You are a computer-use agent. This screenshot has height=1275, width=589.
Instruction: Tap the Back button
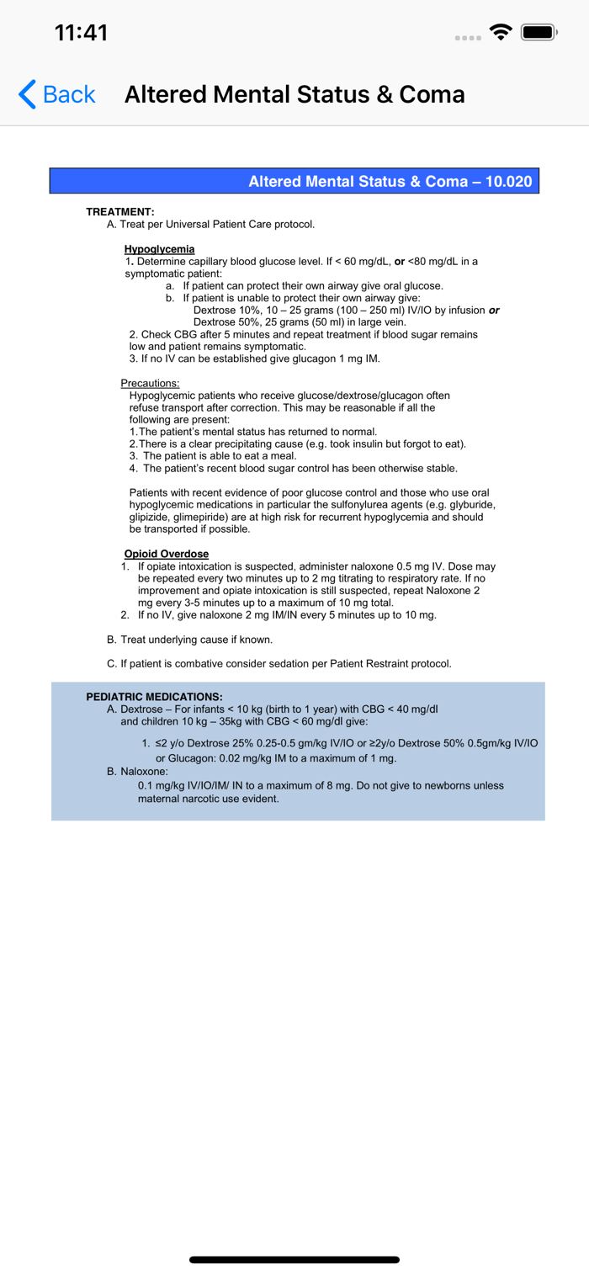[57, 94]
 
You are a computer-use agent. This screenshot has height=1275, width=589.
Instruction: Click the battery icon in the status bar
[539, 33]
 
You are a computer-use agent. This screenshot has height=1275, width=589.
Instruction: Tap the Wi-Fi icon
[502, 33]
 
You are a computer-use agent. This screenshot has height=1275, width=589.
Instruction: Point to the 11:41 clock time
[81, 33]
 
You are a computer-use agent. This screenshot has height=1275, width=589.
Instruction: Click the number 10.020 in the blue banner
[509, 181]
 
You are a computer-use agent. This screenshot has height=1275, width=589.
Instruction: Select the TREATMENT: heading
[120, 212]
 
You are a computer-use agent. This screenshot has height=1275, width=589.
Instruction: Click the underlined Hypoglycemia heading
[159, 249]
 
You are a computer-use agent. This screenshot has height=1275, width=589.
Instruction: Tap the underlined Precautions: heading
[145, 384]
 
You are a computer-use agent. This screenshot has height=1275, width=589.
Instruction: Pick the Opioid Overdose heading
[166, 554]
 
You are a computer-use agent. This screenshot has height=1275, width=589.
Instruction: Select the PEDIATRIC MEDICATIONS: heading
[154, 697]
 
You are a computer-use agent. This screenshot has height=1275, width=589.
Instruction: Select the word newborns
[443, 785]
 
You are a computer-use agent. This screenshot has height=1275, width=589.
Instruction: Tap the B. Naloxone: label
[138, 771]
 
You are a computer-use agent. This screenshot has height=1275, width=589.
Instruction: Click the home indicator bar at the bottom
[294, 1260]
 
